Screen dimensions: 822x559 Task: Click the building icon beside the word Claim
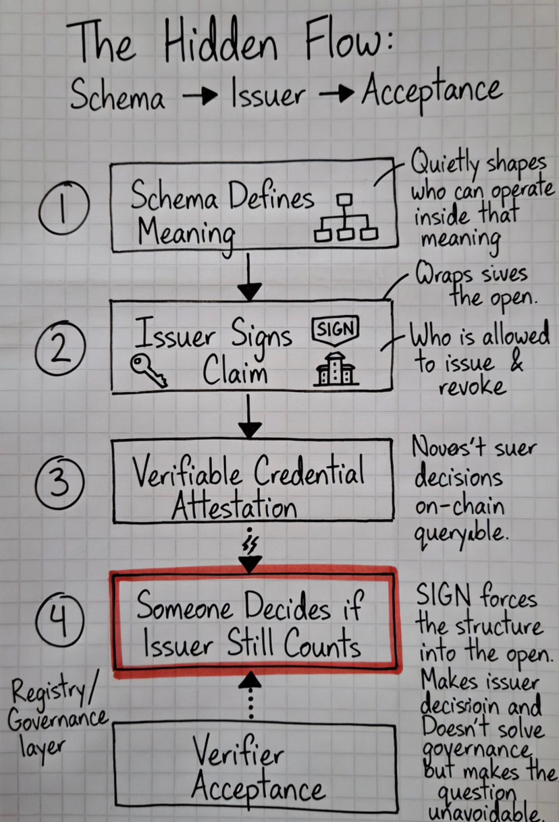[336, 370]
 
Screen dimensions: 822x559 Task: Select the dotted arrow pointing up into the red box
[250, 695]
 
